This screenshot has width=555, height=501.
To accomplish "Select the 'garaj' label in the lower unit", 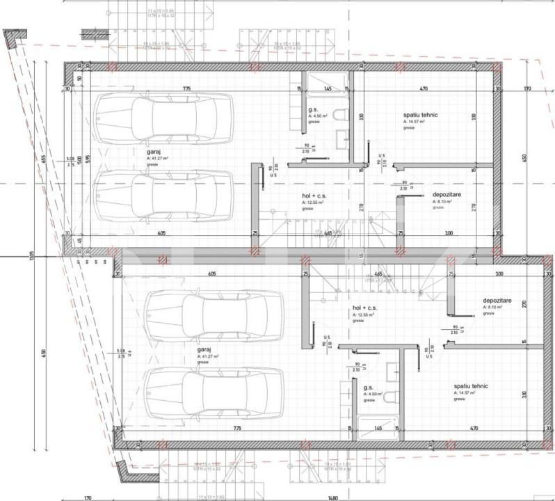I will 204,349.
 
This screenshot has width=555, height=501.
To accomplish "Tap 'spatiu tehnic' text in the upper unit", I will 421,114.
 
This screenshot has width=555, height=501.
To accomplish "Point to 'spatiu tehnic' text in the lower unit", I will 471,385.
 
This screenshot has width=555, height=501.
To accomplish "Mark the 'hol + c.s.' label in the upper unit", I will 314,196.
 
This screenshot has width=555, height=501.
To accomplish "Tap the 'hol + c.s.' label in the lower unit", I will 364,308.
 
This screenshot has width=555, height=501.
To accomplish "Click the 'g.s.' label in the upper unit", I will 313,110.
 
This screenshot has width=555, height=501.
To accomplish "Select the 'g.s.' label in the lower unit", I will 369,388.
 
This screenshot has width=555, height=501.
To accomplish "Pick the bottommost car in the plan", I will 214,393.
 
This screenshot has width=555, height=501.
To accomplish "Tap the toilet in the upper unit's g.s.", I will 341,114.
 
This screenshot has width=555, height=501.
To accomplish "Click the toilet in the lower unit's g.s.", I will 391,397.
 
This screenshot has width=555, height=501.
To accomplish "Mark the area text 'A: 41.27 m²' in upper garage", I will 159,159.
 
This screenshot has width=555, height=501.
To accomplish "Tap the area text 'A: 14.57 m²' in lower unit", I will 464,393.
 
